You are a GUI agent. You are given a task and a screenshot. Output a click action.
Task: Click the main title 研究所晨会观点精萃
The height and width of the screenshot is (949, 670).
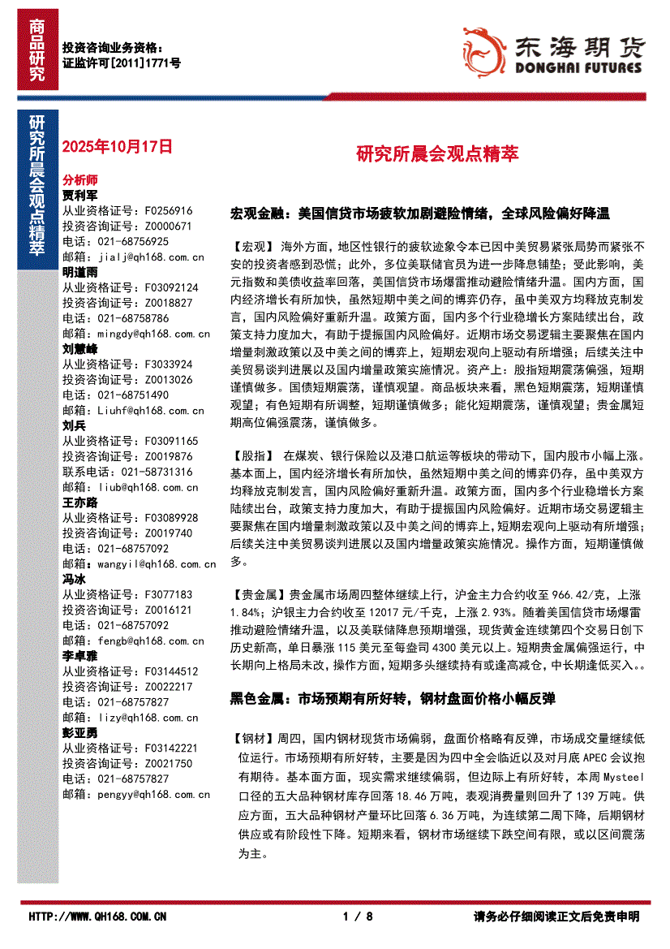pyautogui.click(x=437, y=153)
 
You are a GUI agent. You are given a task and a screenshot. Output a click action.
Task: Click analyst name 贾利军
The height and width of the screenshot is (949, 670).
pyautogui.click(x=80, y=196)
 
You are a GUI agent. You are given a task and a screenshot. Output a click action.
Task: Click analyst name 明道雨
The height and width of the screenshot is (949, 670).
pyautogui.click(x=80, y=272)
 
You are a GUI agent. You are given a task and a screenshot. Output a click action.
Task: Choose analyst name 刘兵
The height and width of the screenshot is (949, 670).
pyautogui.click(x=74, y=425)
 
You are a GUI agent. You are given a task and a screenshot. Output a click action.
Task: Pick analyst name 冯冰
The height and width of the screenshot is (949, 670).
pyautogui.click(x=74, y=579)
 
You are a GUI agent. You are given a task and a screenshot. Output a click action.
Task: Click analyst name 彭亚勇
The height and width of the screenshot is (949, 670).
pyautogui.click(x=80, y=732)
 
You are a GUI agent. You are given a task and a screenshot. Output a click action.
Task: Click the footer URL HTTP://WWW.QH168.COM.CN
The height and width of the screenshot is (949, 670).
pyautogui.click(x=97, y=917)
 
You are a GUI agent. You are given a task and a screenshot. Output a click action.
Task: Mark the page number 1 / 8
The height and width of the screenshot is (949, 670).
pyautogui.click(x=358, y=917)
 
